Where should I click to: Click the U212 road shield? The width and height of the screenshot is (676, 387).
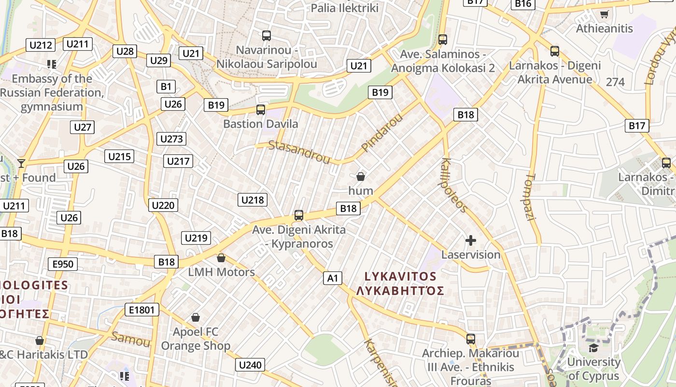coord(41,45)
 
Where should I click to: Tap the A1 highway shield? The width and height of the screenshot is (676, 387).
coord(333,278)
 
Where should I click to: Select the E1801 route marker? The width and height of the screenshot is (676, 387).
coord(141,310)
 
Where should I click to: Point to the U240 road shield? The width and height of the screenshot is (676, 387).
coord(250,365)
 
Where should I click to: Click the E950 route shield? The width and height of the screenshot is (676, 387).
coord(63,264)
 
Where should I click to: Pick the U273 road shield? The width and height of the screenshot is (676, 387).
coord(171,139)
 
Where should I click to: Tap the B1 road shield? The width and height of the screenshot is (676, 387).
coord(166,87)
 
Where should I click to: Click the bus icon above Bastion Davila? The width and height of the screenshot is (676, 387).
coord(261,110)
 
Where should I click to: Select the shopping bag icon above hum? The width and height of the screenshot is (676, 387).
coord(361,177)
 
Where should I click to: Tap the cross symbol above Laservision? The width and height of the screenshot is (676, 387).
coord(471,240)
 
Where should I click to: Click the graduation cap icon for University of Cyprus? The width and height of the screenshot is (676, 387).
coord(593,347)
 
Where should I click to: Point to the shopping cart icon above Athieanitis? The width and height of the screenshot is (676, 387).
coord(604,14)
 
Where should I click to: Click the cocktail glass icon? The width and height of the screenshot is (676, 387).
coord(21,163)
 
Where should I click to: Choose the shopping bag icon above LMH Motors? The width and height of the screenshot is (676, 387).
coord(221,258)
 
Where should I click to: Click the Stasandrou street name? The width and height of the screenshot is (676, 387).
coord(299,152)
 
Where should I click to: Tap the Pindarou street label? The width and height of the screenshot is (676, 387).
coord(381,133)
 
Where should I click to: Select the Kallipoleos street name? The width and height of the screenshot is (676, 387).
coord(454,185)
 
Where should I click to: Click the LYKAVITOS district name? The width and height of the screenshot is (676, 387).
coord(400,277)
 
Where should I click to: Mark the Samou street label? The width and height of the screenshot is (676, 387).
coord(130,339)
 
